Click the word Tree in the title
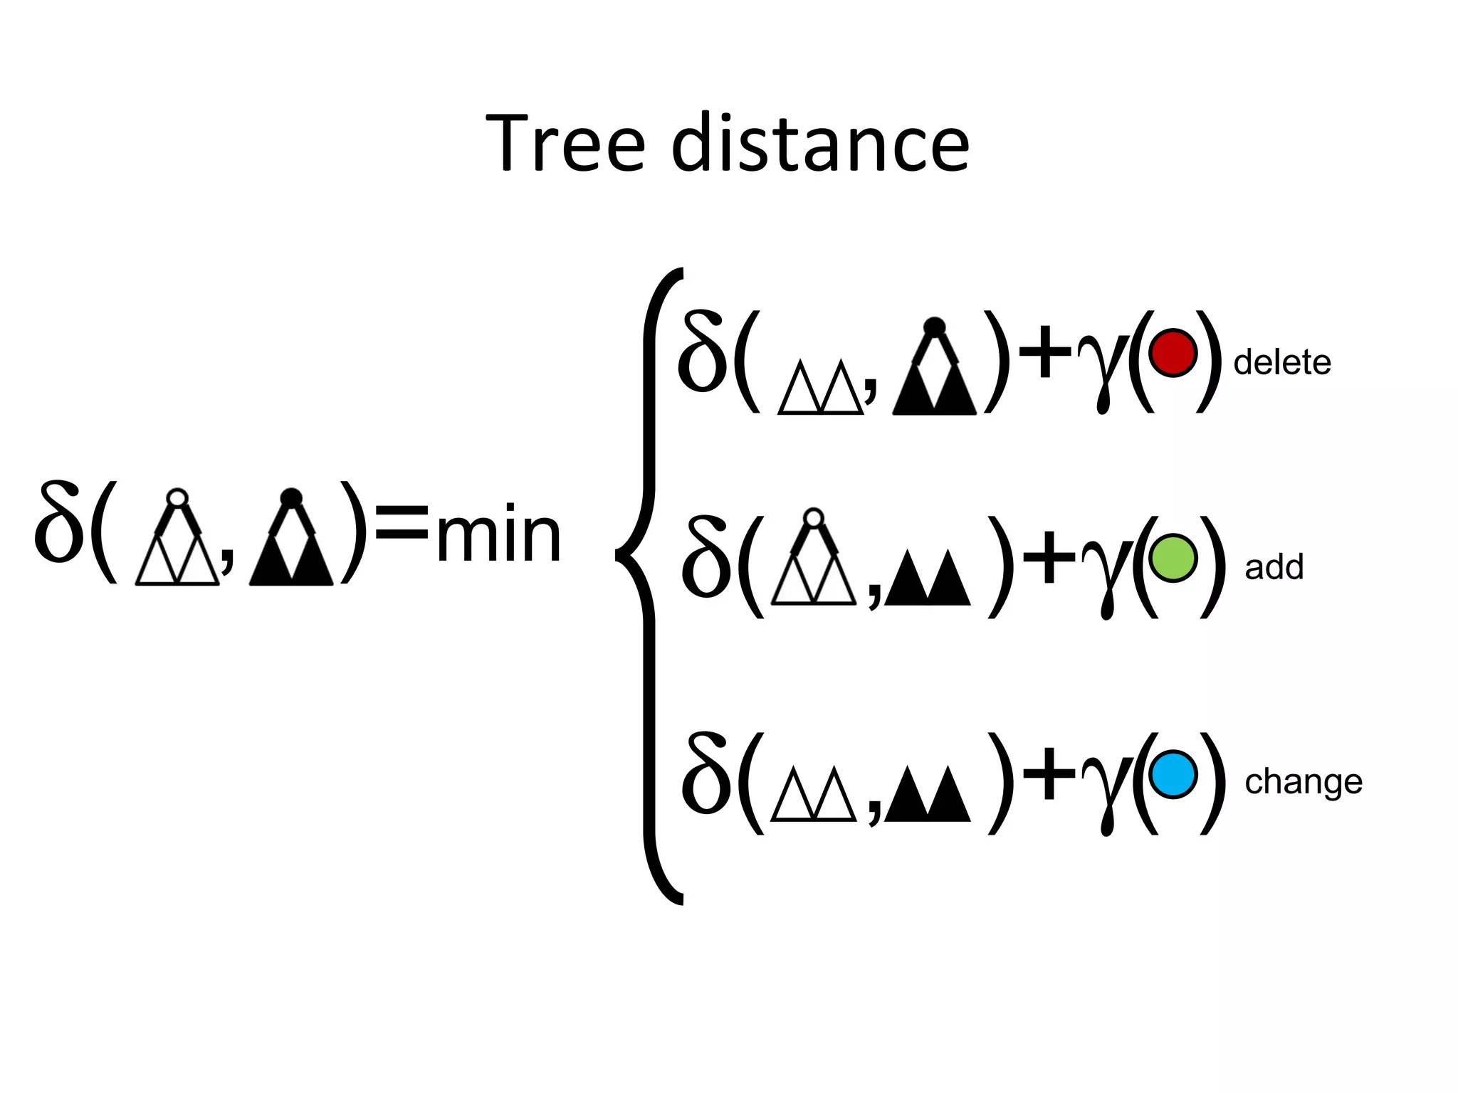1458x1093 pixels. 566,144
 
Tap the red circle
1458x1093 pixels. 1173,353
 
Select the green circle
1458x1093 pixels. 1173,558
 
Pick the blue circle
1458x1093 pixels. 1173,774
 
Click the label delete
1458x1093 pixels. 1281,363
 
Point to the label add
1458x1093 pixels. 1274,567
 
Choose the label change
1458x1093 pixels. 1303,782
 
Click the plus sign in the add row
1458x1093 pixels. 1049,559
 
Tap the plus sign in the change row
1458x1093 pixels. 1049,774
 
